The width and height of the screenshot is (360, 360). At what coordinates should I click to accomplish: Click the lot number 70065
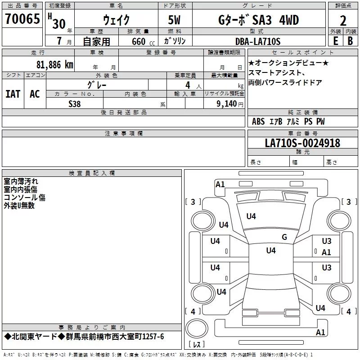point(22,18)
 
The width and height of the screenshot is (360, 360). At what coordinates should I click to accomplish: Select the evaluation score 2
point(343,21)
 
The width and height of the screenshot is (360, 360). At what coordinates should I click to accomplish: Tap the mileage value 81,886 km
point(54,65)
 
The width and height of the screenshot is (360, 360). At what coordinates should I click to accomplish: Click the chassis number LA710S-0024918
point(302,143)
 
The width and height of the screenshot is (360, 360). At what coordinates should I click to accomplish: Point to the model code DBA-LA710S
point(258,41)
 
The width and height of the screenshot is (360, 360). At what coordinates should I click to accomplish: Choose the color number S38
point(75,104)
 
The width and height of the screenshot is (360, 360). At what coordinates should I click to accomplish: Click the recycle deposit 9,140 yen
point(230,104)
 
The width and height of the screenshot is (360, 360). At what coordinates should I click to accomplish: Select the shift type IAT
point(13,94)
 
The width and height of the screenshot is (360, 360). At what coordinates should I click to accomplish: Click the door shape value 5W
point(174,20)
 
